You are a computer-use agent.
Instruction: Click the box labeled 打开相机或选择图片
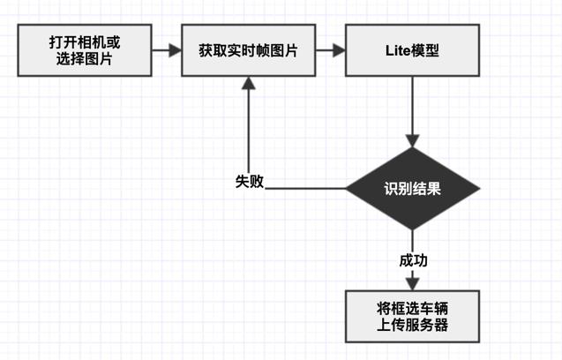click(x=85, y=50)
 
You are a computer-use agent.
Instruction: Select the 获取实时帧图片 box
click(x=248, y=50)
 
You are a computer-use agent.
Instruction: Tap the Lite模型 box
click(x=411, y=50)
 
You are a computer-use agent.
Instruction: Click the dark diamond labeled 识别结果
click(x=411, y=188)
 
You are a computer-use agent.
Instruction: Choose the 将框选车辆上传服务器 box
click(x=411, y=316)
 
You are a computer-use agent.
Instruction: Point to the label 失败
click(x=250, y=181)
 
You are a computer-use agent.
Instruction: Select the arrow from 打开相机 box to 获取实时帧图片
click(x=165, y=50)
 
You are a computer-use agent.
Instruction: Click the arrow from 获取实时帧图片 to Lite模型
click(x=330, y=50)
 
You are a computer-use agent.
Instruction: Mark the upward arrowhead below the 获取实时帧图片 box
click(x=249, y=84)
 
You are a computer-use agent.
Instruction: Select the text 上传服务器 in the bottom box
click(x=411, y=325)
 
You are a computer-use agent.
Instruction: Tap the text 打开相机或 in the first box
click(x=85, y=41)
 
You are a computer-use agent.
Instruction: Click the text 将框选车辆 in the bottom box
click(x=411, y=307)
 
